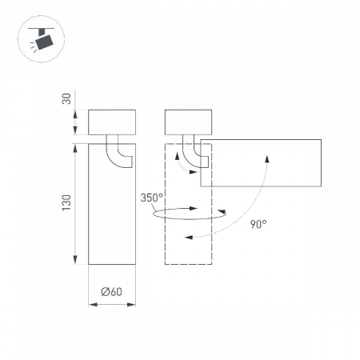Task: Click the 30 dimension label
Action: click(66, 98)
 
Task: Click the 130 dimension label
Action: click(66, 202)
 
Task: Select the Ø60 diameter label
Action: click(112, 291)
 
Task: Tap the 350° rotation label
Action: click(151, 198)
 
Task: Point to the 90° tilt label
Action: click(258, 224)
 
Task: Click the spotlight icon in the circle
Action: click(42, 39)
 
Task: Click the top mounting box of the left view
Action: click(112, 122)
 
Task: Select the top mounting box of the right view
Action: click(188, 122)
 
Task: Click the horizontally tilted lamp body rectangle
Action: click(261, 162)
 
